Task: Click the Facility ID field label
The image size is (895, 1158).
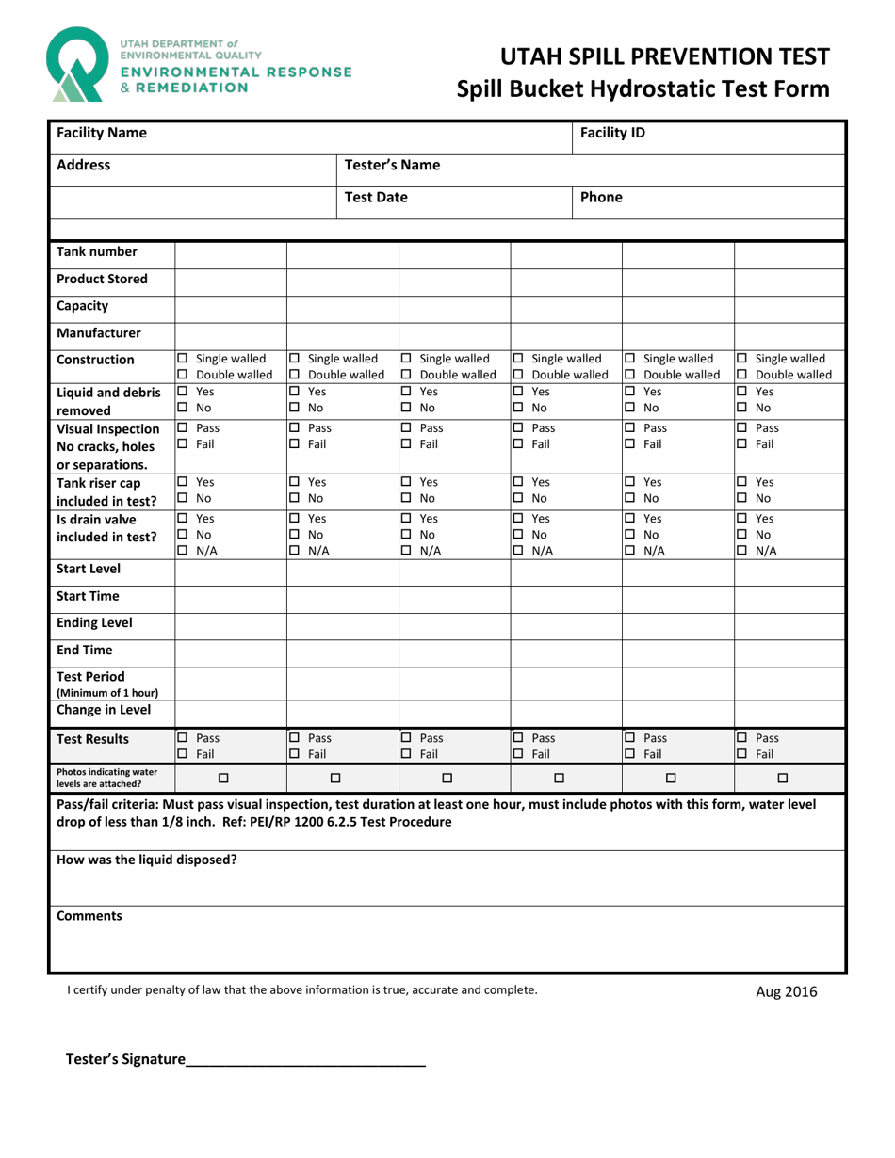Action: coord(612,133)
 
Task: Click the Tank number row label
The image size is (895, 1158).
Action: coord(97,251)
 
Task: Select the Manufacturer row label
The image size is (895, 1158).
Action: coord(99,332)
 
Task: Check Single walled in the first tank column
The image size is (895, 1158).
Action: coord(184,359)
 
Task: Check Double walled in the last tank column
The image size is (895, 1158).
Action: coord(742,376)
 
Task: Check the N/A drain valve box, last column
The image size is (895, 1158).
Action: coord(742,551)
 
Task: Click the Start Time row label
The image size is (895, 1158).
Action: coord(89,595)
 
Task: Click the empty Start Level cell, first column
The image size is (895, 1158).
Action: coord(230,568)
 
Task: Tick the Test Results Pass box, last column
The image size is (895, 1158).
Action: coord(742,738)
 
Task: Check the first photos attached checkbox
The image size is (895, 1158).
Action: coord(224,778)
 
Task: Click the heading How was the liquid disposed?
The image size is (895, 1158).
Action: coord(147,860)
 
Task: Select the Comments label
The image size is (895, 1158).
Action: coord(89,915)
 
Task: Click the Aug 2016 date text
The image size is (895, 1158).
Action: coord(787,991)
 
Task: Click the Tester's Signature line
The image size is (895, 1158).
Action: coord(305,1061)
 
